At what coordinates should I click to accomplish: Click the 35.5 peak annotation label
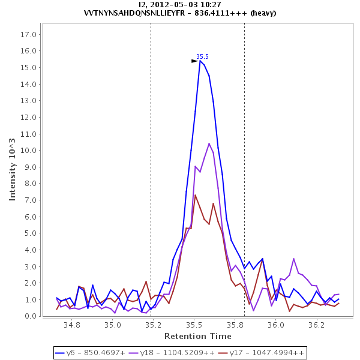(202, 56)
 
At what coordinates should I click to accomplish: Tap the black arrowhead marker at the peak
(194, 61)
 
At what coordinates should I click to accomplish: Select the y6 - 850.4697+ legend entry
(94, 352)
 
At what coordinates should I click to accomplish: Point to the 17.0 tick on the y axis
(29, 34)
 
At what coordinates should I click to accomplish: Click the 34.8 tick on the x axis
(72, 325)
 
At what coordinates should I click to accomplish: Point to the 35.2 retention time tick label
(153, 325)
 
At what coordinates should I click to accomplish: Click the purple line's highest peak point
(209, 143)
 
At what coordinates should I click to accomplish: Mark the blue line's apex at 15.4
(200, 61)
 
